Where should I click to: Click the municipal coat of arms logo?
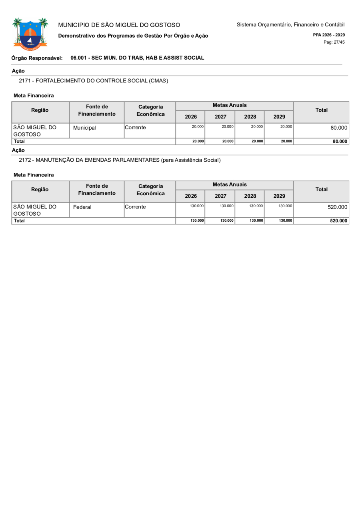point(30,34)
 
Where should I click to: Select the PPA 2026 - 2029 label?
point(329,35)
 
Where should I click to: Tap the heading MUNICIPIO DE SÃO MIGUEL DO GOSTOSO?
point(119,25)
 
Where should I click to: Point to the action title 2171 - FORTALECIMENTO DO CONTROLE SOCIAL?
point(94,80)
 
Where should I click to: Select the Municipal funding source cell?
point(84,128)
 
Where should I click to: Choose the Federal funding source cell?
point(82,207)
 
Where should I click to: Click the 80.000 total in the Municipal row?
point(339,127)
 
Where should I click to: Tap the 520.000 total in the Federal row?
point(338,207)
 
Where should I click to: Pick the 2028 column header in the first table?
point(250,117)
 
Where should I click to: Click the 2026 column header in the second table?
point(191,196)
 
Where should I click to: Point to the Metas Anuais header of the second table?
point(230,184)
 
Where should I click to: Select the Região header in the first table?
point(40,110)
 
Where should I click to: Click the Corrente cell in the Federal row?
point(135,207)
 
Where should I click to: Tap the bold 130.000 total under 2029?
point(285,221)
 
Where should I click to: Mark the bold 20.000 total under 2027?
point(228,141)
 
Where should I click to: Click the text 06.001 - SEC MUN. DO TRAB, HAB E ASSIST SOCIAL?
point(137,58)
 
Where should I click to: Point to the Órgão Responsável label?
point(37,58)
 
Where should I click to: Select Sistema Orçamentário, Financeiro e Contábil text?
point(290,25)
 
